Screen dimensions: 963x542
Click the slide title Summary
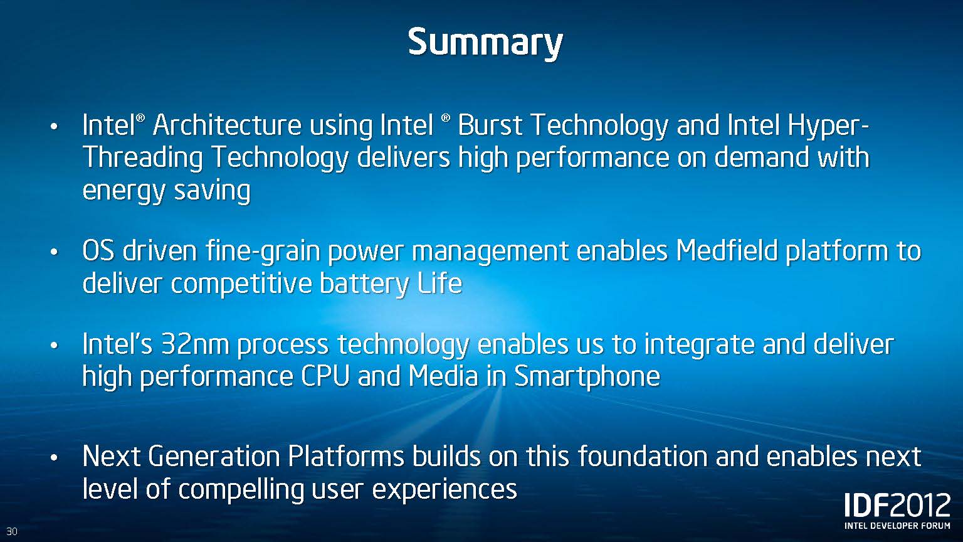pos(485,43)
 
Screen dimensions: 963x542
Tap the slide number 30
pos(12,531)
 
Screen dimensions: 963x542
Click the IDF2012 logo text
pos(897,505)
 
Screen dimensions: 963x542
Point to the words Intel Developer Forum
pos(897,526)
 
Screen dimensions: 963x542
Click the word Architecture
pos(227,125)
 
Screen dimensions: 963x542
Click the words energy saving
pos(166,191)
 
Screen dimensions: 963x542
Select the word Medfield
pos(726,251)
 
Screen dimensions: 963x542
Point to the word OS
pos(98,251)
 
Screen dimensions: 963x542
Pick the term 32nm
pos(195,344)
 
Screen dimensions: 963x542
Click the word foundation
pos(643,457)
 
